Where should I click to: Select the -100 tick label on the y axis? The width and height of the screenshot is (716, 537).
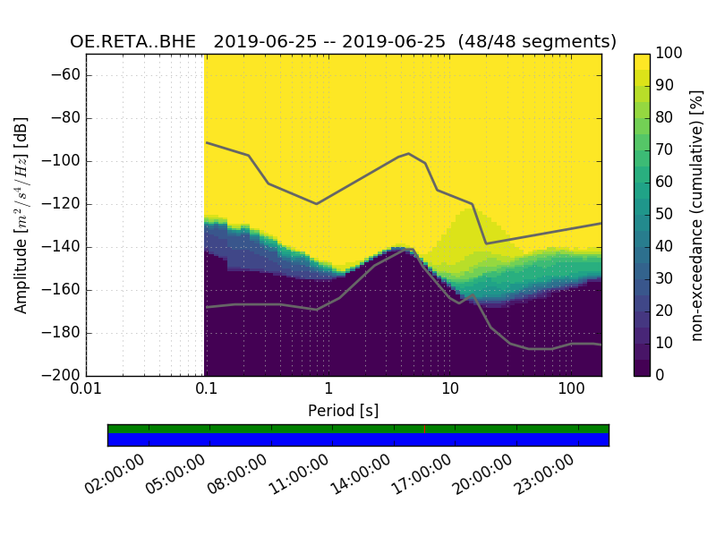64,161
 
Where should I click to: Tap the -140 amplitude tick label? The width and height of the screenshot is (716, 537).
64,247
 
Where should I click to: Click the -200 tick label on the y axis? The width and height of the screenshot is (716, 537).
64,375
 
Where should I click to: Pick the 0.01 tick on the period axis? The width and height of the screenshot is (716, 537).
86,389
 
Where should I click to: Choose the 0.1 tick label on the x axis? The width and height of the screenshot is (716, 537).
207,389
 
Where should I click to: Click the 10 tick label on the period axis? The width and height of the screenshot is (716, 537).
450,389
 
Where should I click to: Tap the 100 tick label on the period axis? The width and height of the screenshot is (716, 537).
571,389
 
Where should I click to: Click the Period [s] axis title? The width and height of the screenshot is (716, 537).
343,411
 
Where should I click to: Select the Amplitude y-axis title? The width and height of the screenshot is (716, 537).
21,215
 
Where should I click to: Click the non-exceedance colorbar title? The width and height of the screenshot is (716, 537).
698,215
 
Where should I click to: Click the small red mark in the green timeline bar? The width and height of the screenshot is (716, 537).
424,429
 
